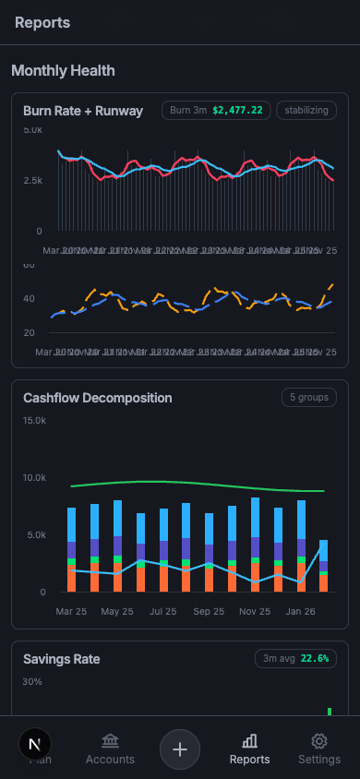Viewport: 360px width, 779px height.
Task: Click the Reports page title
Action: point(42,22)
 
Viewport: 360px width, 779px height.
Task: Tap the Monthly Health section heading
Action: point(63,70)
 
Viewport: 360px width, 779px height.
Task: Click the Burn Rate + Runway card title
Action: point(83,111)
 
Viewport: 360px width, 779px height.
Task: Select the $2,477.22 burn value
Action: point(237,111)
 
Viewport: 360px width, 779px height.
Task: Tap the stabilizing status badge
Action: point(306,111)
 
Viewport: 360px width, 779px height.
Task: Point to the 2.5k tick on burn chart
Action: point(32,180)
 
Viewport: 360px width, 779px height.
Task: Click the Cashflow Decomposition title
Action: point(98,398)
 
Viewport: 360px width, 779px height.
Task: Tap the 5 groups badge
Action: point(309,398)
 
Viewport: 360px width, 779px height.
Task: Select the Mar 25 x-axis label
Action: point(71,611)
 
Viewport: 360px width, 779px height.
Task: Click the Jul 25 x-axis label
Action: point(162,611)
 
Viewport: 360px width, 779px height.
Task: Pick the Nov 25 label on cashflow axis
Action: point(255,611)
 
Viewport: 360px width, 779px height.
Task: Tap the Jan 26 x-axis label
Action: point(301,611)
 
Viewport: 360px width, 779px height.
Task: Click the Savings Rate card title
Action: point(62,659)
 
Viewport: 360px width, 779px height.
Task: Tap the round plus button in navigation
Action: point(180,749)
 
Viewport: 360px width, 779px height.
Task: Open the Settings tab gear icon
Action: point(319,741)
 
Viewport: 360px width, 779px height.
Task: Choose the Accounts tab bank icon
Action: point(110,741)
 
